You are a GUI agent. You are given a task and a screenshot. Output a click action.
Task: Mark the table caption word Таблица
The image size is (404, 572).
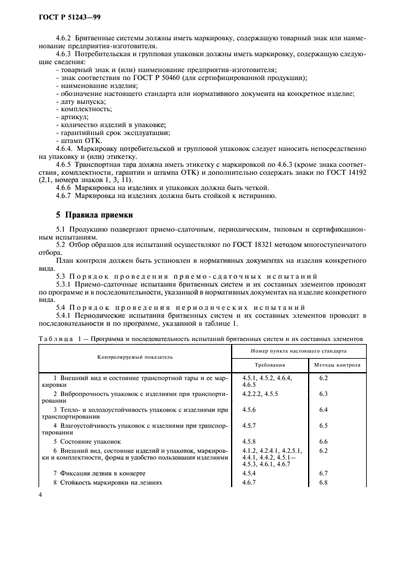[54, 338]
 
